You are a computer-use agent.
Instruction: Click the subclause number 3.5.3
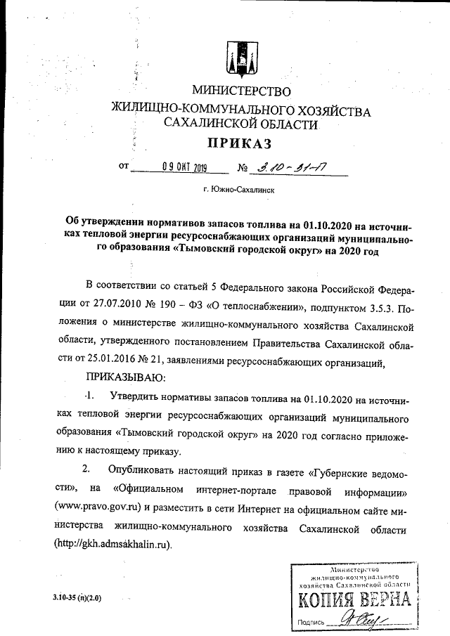pos(373,308)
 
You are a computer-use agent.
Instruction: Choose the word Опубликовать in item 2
pos(147,469)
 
